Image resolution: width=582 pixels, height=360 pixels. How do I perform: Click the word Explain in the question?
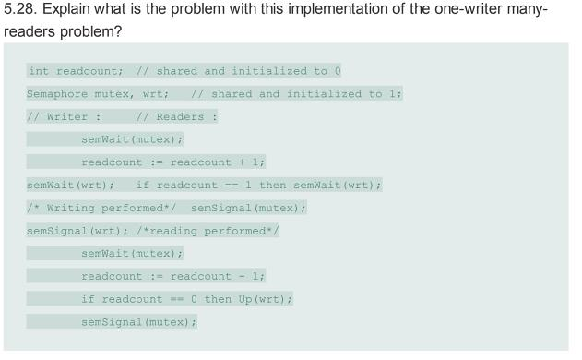pos(75,10)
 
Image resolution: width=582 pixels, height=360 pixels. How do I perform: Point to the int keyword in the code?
pos(39,71)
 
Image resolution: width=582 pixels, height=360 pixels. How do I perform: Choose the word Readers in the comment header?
pos(182,117)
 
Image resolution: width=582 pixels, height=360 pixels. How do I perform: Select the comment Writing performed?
pos(101,209)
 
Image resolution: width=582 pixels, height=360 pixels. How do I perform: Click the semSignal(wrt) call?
pos(65,231)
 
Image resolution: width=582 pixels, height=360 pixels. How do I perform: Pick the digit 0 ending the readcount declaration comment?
pos(338,71)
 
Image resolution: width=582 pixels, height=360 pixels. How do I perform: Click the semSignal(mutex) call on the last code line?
pos(138,321)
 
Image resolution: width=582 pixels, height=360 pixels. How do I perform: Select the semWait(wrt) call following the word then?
pos(337,186)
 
